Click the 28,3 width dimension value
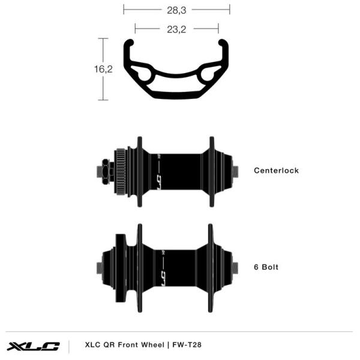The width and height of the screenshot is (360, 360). pyautogui.click(x=176, y=10)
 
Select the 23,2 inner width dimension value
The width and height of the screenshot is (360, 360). pyautogui.click(x=176, y=29)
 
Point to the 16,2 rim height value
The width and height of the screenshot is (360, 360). pyautogui.click(x=103, y=69)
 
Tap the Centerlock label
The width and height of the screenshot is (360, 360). pyautogui.click(x=276, y=170)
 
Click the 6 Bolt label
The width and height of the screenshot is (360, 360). pyautogui.click(x=266, y=267)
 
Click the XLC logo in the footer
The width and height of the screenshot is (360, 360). pyautogui.click(x=33, y=346)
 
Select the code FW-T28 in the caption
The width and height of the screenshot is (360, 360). pyautogui.click(x=187, y=344)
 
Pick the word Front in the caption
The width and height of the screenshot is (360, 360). pyautogui.click(x=128, y=344)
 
